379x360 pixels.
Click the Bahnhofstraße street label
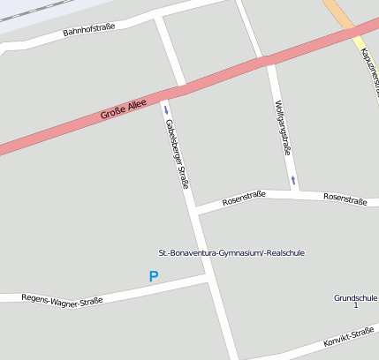(89, 33)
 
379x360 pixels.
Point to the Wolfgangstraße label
(283, 128)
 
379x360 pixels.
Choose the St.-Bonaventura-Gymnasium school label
(231, 252)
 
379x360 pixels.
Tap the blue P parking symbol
(154, 277)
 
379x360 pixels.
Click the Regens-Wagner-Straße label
(62, 299)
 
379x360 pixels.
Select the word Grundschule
(355, 298)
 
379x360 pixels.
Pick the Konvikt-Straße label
(348, 338)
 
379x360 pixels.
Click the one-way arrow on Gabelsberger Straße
(164, 109)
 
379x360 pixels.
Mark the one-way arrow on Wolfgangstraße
(292, 180)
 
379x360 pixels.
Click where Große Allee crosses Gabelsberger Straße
(173, 91)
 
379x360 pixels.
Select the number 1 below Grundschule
(355, 305)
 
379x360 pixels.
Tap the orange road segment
(338, 12)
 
